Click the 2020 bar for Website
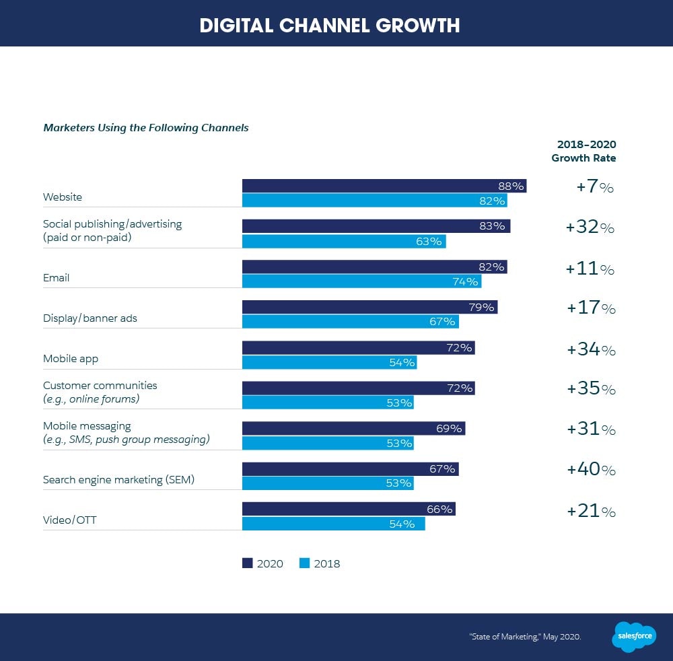tap(384, 186)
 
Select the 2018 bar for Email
tap(361, 281)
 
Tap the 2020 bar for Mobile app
tap(358, 347)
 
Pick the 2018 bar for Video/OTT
tap(333, 524)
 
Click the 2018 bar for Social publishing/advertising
tap(343, 241)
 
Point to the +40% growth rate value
tap(591, 470)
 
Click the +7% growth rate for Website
tap(595, 188)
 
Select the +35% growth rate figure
tap(591, 389)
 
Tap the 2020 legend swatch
tap(247, 563)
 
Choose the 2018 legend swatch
tap(304, 563)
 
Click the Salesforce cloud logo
tap(634, 636)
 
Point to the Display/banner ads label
tap(90, 318)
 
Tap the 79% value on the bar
tap(482, 308)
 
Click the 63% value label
tap(429, 241)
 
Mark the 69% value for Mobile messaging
tap(449, 428)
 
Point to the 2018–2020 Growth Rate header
tap(583, 151)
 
